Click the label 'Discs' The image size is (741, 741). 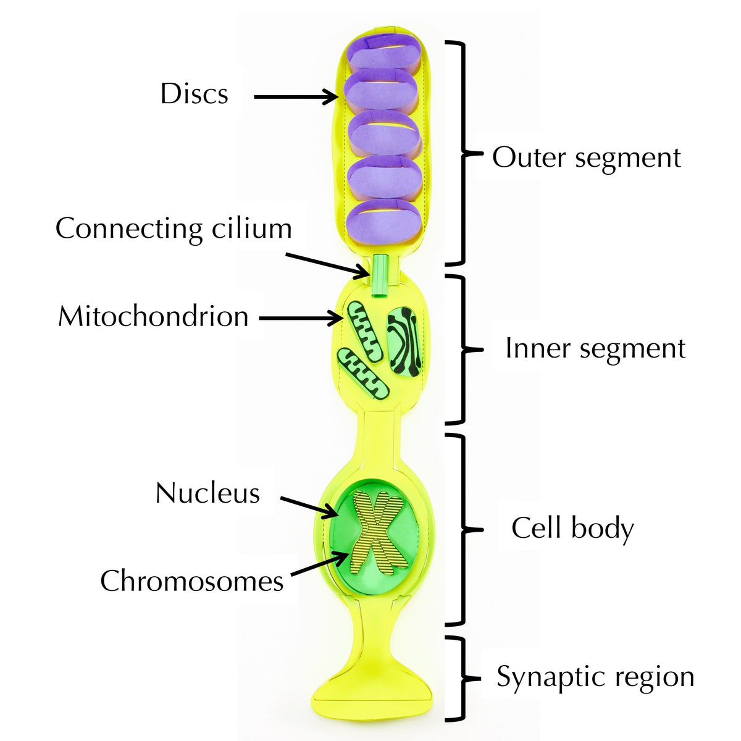click(x=194, y=94)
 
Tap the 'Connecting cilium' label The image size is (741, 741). click(x=174, y=228)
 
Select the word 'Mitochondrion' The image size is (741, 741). click(x=153, y=316)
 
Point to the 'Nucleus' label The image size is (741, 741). click(x=207, y=493)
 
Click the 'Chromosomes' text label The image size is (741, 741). click(x=191, y=581)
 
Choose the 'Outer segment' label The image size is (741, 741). click(x=586, y=157)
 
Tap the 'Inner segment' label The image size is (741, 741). click(x=595, y=348)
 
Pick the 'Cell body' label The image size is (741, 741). click(x=572, y=529)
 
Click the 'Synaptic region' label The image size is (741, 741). click(x=595, y=677)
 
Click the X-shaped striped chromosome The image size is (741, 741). click(x=378, y=530)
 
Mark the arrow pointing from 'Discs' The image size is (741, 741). click(x=295, y=96)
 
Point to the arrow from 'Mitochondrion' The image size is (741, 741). click(x=301, y=319)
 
